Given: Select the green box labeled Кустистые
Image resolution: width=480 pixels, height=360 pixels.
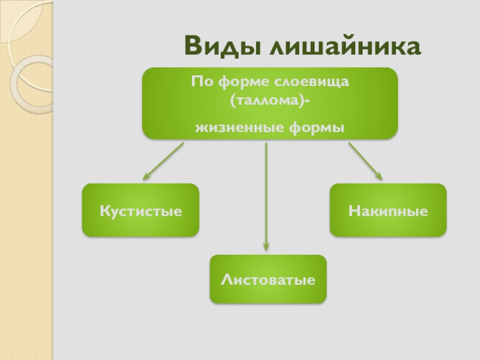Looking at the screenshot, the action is (140, 210).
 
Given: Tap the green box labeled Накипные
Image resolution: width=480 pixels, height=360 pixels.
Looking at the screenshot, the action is (388, 210).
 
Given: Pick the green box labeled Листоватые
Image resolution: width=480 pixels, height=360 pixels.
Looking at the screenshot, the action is (268, 279).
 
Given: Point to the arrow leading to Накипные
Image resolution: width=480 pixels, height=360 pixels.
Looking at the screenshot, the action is (365, 161).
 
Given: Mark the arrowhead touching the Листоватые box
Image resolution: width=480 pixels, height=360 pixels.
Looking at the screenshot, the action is (266, 246).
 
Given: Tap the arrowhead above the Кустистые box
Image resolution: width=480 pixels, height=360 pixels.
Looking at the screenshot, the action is (145, 177).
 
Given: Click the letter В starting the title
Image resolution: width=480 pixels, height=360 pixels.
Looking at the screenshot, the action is (193, 46).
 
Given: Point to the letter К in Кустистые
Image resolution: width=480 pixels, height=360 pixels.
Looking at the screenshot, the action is (104, 211).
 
